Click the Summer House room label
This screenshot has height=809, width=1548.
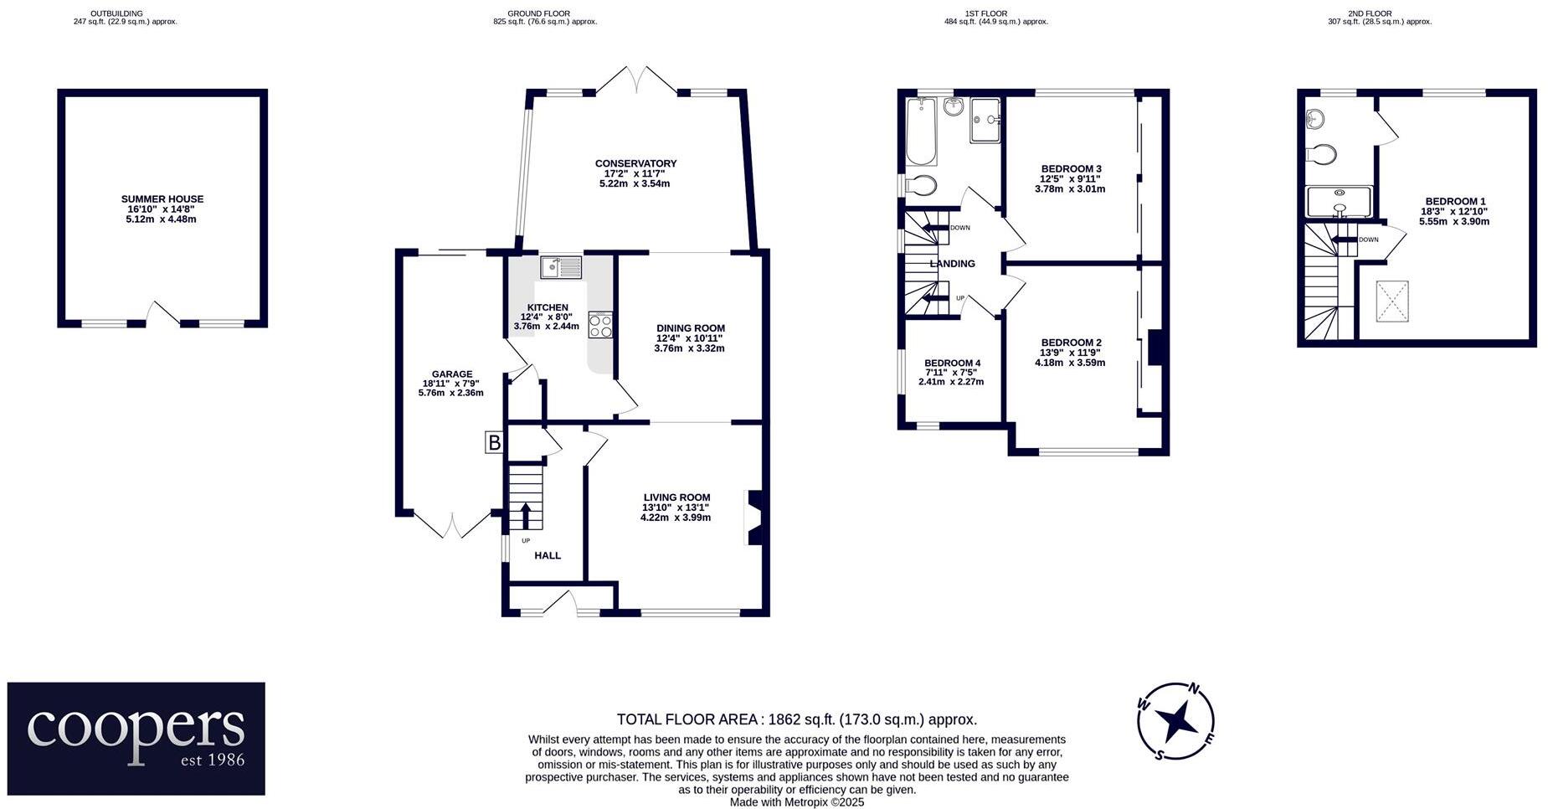tap(162, 199)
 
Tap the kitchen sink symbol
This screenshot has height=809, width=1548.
tap(561, 267)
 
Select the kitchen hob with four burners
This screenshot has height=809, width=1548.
tap(600, 325)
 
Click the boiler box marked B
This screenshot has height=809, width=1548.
tap(494, 443)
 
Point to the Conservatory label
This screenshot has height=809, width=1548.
tap(635, 163)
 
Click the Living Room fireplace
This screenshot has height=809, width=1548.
tap(753, 517)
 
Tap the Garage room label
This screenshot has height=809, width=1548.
tap(452, 374)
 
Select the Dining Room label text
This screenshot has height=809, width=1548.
tap(690, 328)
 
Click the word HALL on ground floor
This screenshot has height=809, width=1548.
tap(548, 555)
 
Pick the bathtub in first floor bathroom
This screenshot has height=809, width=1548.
tap(921, 131)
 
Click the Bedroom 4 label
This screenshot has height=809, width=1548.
tap(952, 363)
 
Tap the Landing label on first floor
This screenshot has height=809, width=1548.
tap(952, 264)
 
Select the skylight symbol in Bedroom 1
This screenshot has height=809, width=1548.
tap(1391, 301)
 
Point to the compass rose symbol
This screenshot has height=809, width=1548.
tap(1175, 719)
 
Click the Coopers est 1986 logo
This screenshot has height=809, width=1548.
tap(136, 738)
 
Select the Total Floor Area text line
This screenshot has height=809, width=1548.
tap(796, 719)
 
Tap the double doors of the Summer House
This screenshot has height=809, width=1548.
tap(162, 315)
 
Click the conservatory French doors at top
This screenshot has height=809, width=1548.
tap(637, 80)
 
